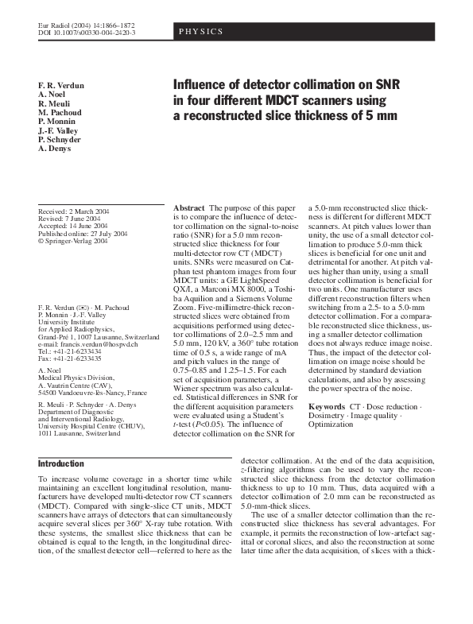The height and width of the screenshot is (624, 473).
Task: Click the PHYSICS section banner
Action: click(x=200, y=33)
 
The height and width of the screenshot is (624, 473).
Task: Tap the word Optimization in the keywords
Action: click(x=331, y=424)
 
